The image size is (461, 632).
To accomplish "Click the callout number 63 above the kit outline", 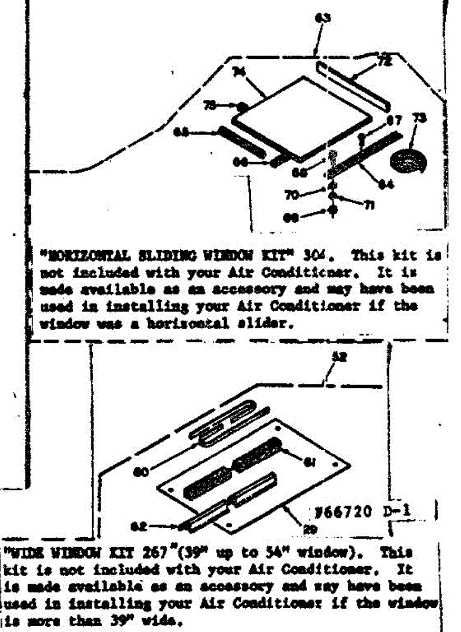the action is (x=322, y=18).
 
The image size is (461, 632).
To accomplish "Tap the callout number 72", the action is (x=385, y=62).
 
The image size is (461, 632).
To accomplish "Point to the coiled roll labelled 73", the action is (x=408, y=160).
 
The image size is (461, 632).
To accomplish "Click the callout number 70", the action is (x=291, y=195).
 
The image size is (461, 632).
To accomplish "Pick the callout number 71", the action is (x=363, y=206).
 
